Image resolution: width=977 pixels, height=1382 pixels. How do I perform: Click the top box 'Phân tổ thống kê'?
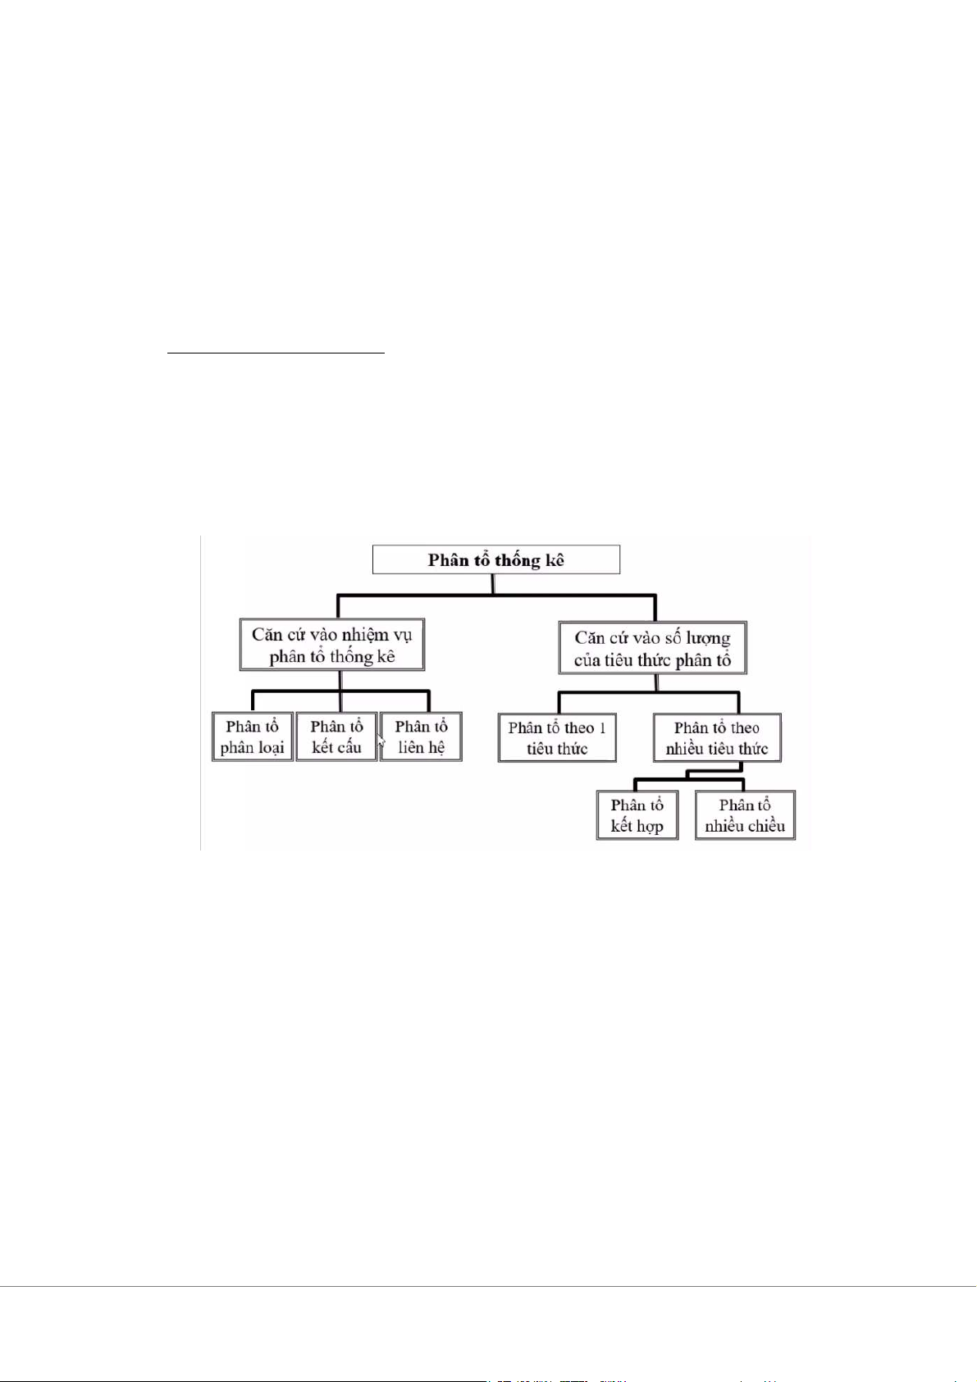click(x=495, y=560)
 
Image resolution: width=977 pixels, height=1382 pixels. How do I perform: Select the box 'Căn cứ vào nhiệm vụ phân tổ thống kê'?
click(x=332, y=645)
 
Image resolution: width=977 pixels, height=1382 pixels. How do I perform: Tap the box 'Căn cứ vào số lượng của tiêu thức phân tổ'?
click(x=652, y=649)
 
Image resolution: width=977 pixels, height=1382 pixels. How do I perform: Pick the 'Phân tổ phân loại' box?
click(x=252, y=737)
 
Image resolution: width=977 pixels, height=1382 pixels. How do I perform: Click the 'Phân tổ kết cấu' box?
click(x=336, y=737)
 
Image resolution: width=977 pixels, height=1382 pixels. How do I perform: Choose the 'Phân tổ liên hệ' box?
click(x=421, y=737)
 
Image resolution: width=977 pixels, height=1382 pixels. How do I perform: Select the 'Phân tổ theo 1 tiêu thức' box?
click(x=557, y=738)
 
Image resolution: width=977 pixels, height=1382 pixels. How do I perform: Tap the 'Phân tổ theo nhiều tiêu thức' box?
click(x=717, y=738)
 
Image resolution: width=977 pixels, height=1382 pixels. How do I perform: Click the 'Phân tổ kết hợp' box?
click(x=637, y=815)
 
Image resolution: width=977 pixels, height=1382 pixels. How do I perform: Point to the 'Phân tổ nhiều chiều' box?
click(x=745, y=815)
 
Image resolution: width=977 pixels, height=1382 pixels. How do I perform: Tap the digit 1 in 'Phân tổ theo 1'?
click(x=603, y=727)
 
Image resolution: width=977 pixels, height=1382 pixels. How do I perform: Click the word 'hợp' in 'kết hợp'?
click(x=650, y=827)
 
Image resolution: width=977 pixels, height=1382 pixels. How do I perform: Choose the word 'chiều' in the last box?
click(x=765, y=827)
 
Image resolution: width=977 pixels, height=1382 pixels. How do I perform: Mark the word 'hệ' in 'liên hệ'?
click(x=436, y=748)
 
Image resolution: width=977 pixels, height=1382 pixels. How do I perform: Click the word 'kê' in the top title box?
click(x=555, y=560)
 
